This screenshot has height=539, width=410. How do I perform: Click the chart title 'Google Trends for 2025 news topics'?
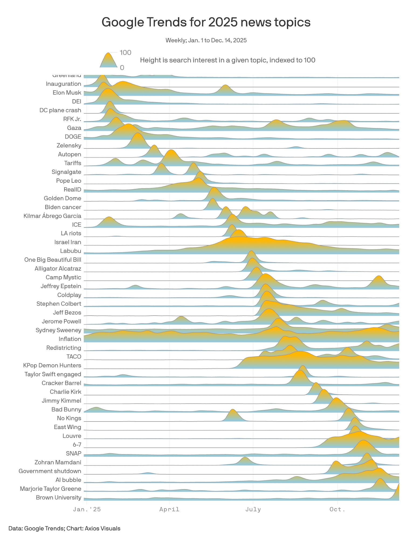(x=206, y=22)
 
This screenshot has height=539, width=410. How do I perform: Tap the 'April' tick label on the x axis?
(x=169, y=509)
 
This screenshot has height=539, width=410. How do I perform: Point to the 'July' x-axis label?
(x=253, y=509)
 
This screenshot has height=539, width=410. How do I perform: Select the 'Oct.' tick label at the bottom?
(x=337, y=509)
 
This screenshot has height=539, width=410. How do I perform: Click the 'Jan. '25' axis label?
(x=87, y=509)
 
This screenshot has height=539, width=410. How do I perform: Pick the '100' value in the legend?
(x=125, y=53)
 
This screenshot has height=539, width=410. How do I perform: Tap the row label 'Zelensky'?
(x=69, y=146)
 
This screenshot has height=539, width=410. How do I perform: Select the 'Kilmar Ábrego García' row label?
(x=52, y=216)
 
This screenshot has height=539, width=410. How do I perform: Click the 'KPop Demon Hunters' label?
(x=52, y=365)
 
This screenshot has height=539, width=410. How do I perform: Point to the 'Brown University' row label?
(x=58, y=497)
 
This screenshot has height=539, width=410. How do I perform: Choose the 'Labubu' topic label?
(x=71, y=251)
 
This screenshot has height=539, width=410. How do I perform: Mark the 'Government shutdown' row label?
(x=50, y=471)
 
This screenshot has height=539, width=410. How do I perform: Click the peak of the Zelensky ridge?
(x=138, y=134)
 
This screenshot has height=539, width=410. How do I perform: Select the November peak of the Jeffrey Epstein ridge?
(x=379, y=277)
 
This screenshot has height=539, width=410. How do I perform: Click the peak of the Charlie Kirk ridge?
(x=316, y=383)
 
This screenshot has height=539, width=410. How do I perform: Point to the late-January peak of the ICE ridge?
(x=109, y=217)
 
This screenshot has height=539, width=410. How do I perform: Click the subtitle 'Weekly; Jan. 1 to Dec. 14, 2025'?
(x=206, y=40)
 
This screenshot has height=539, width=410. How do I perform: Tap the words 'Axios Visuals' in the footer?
(x=102, y=528)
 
